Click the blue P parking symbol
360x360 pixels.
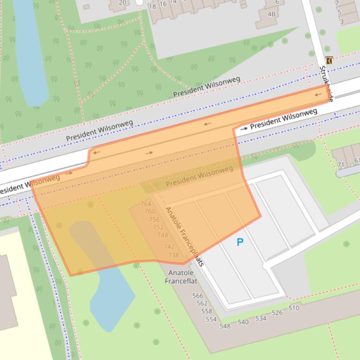(240, 242)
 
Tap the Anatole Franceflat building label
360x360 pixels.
(181, 277)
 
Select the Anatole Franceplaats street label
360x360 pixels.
(185, 236)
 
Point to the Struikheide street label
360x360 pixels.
(326, 84)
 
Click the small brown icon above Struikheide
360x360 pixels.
(329, 60)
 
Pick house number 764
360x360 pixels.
(146, 204)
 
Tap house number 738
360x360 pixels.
(173, 255)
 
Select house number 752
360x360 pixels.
(158, 227)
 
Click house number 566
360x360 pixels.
(198, 295)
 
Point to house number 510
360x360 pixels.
(294, 308)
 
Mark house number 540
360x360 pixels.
(243, 322)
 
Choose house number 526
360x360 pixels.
(277, 313)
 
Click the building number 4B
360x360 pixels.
(272, 14)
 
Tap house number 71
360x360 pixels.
(341, 165)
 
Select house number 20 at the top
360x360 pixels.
(122, 3)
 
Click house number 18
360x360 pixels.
(152, 7)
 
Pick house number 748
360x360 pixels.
(162, 235)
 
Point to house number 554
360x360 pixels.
(211, 319)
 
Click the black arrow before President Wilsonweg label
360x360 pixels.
(244, 128)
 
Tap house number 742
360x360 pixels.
(169, 247)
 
